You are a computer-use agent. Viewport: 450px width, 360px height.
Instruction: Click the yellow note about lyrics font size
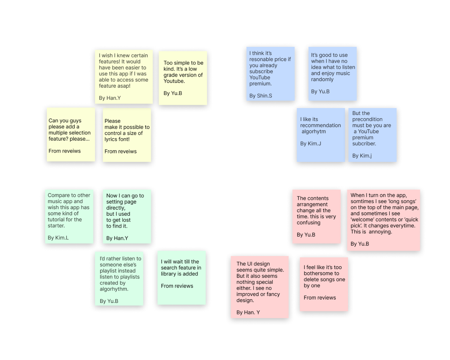[127, 135]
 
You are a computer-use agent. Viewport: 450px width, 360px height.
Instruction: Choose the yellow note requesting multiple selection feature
[71, 135]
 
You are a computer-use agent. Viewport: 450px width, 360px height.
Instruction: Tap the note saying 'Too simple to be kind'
[183, 78]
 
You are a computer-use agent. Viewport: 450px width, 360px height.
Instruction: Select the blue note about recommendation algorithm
[320, 135]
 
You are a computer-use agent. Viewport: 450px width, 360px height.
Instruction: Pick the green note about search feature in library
[181, 278]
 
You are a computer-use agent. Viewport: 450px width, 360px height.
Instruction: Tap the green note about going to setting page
[126, 216]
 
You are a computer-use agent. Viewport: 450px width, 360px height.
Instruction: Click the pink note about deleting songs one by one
[324, 284]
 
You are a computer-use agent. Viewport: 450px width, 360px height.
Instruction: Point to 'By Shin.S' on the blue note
[261, 96]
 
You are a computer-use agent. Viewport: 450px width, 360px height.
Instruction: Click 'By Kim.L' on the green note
[58, 238]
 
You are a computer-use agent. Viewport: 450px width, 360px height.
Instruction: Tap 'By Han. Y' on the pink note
[248, 313]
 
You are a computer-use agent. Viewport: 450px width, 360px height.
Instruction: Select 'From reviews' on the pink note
[320, 298]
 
